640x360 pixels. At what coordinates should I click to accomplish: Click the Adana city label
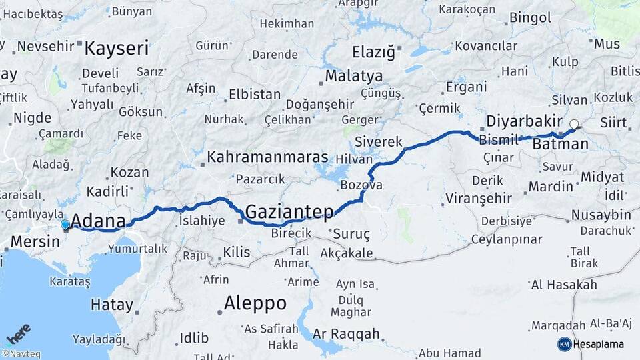pyautogui.click(x=98, y=221)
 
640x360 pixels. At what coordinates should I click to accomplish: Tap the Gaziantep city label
pyautogui.click(x=289, y=212)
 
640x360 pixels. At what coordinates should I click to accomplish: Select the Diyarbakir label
pyautogui.click(x=525, y=121)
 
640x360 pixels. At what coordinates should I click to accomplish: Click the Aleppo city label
pyautogui.click(x=255, y=303)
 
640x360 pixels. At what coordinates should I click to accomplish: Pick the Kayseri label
pyautogui.click(x=117, y=48)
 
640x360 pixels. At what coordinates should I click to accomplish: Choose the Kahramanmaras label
pyautogui.click(x=268, y=157)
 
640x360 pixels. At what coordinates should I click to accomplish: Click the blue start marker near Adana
pyautogui.click(x=65, y=225)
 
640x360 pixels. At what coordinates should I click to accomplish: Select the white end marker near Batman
pyautogui.click(x=574, y=123)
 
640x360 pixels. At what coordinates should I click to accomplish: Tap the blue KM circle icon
pyautogui.click(x=564, y=344)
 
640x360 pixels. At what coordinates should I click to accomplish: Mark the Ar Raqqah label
pyautogui.click(x=346, y=333)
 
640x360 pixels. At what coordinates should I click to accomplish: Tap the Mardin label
pyautogui.click(x=551, y=186)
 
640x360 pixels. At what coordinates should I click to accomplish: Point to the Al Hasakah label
pyautogui.click(x=564, y=285)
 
